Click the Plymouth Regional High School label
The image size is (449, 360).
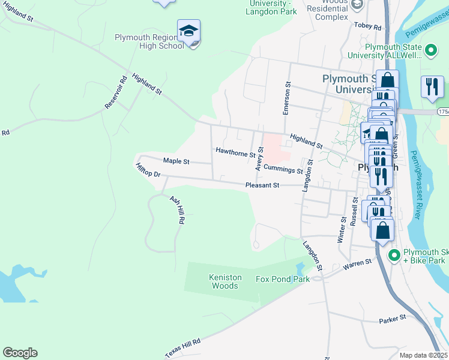pyautogui.click(x=149, y=41)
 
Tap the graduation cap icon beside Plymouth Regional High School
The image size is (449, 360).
pyautogui.click(x=188, y=31)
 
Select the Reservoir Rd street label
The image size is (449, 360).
pyautogui.click(x=116, y=92)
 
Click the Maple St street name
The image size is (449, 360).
pyautogui.click(x=176, y=161)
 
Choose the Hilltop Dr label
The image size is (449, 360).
pyautogui.click(x=148, y=170)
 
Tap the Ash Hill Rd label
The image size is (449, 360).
pyautogui.click(x=176, y=210)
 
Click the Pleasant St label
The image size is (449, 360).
pyautogui.click(x=262, y=185)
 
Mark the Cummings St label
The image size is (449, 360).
pyautogui.click(x=283, y=170)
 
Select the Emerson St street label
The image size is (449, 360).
pyautogui.click(x=288, y=98)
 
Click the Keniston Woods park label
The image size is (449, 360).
pyautogui.click(x=225, y=281)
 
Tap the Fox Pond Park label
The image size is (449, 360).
pyautogui.click(x=283, y=279)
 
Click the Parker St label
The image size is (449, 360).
pyautogui.click(x=393, y=319)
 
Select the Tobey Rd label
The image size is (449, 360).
pyautogui.click(x=368, y=27)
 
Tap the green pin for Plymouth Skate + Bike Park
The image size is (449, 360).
pyautogui.click(x=394, y=256)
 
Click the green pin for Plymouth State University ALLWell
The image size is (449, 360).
pyautogui.click(x=430, y=50)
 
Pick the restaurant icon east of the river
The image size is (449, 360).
pyautogui.click(x=432, y=88)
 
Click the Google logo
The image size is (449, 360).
pyautogui.click(x=20, y=353)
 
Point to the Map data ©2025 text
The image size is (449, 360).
pyautogui.click(x=423, y=355)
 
